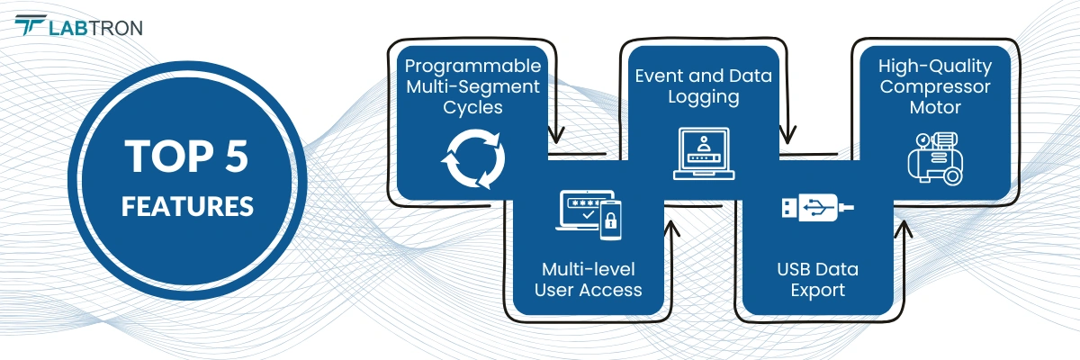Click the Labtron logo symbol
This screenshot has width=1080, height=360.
click(30, 24)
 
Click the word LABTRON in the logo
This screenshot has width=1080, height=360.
click(95, 29)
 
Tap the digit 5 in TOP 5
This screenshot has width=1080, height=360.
click(237, 156)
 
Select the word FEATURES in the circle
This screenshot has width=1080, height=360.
click(187, 206)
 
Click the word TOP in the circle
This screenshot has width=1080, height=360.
click(169, 156)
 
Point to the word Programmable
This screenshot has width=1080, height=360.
click(472, 67)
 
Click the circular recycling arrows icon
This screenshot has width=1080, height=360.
click(473, 158)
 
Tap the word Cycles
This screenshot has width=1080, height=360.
click(472, 108)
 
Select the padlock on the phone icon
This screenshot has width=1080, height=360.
click(610, 221)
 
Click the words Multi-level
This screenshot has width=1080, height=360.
click(589, 269)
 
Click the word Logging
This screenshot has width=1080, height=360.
click(704, 97)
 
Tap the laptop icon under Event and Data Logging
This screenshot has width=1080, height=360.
click(704, 154)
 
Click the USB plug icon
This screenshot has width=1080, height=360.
click(818, 208)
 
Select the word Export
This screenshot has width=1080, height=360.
click(818, 291)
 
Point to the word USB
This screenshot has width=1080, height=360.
click(794, 269)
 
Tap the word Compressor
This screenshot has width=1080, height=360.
click(935, 87)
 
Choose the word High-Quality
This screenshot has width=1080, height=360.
click(935, 67)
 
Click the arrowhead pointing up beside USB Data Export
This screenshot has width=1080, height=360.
click(903, 229)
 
